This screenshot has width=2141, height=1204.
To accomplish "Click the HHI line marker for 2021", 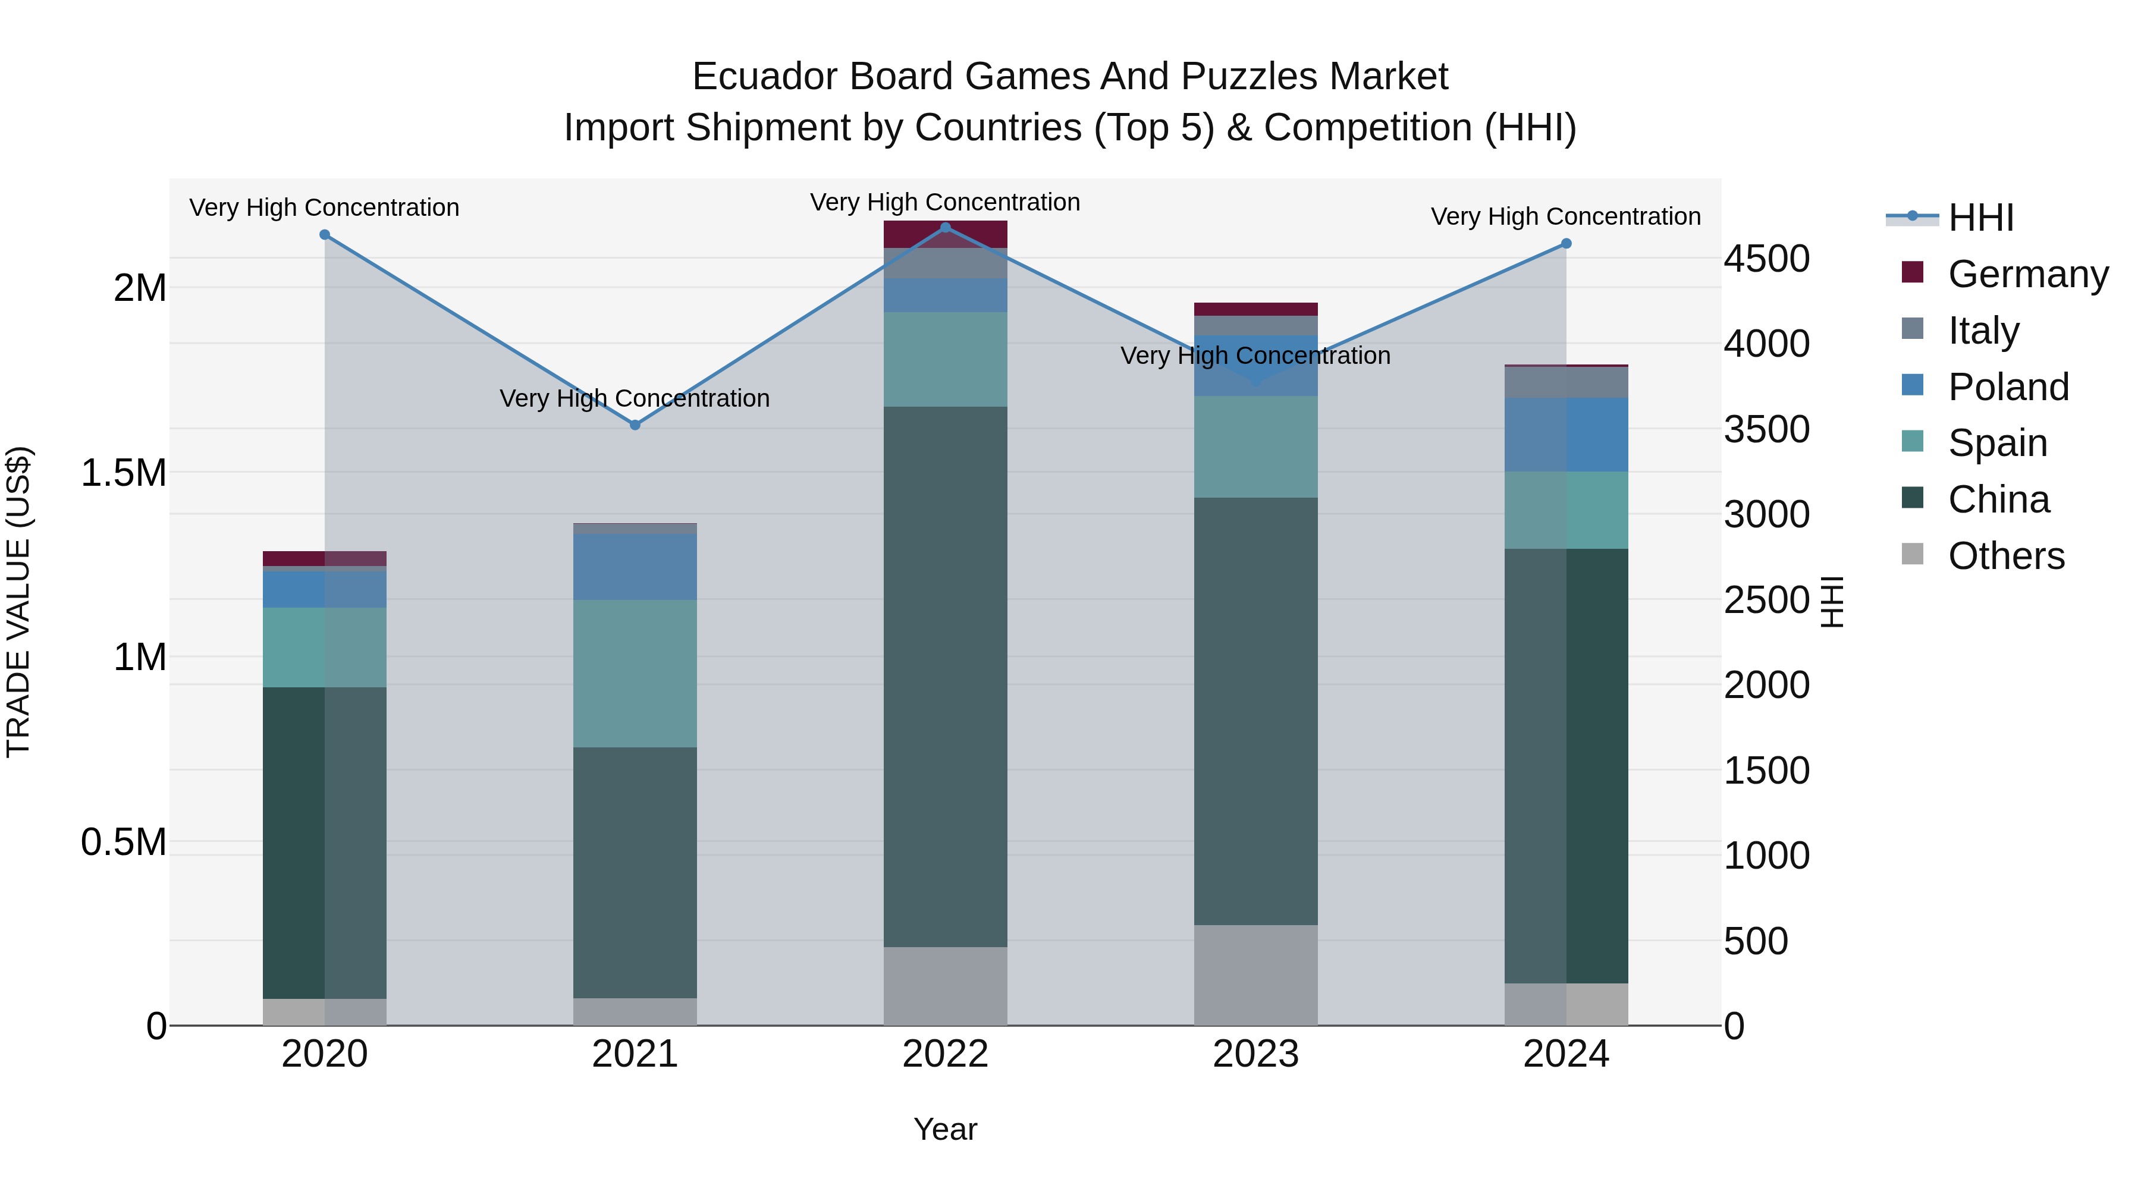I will pyautogui.click(x=635, y=425).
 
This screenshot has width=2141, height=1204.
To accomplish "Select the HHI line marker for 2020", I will pyautogui.click(x=325, y=234).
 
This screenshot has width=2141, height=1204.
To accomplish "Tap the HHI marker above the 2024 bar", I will pyautogui.click(x=1566, y=243).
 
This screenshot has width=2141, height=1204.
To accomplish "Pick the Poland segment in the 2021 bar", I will pyautogui.click(x=635, y=567).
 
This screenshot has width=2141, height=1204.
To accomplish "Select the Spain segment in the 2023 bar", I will pyautogui.click(x=1256, y=447).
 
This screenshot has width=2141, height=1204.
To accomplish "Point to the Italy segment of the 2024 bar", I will pyautogui.click(x=1566, y=382).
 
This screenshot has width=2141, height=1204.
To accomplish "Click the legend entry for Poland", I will pyautogui.click(x=2007, y=387).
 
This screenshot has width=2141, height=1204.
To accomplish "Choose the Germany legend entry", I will pyautogui.click(x=2027, y=274).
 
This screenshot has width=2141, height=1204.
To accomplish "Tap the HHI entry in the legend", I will pyautogui.click(x=1980, y=218).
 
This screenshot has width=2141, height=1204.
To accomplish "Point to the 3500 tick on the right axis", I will pyautogui.click(x=1766, y=430).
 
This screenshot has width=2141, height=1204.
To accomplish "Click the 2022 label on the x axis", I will pyautogui.click(x=945, y=1054).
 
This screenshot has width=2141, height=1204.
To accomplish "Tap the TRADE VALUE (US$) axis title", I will pyautogui.click(x=18, y=602).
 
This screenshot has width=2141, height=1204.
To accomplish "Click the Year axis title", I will pyautogui.click(x=945, y=1129).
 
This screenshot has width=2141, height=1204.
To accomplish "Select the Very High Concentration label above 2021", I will pyautogui.click(x=635, y=399).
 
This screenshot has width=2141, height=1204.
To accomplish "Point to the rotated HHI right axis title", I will pyautogui.click(x=1833, y=602).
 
